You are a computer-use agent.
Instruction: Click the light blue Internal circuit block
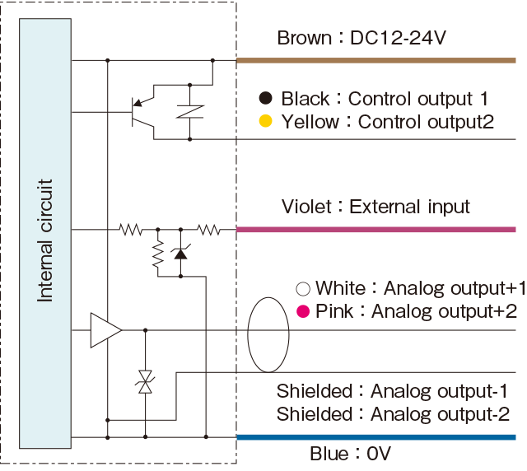(45, 233)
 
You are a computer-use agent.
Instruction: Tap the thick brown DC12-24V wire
(376, 60)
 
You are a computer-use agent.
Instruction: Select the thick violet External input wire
(376, 230)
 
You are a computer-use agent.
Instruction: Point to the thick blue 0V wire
(376, 437)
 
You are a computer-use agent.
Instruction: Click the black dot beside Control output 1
(265, 98)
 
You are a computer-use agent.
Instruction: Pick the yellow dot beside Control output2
(265, 121)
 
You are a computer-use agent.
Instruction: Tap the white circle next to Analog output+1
(303, 289)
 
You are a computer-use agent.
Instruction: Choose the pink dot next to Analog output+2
(303, 311)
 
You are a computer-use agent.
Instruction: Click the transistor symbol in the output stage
(142, 112)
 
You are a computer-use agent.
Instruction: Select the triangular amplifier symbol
(106, 330)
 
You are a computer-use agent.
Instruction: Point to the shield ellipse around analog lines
(268, 297)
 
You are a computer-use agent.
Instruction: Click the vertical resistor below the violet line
(158, 254)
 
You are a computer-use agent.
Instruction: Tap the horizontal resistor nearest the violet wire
(208, 230)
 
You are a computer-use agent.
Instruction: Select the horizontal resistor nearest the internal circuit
(131, 230)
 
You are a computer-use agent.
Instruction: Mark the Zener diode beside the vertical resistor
(181, 253)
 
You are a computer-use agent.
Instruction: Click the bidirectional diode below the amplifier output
(145, 382)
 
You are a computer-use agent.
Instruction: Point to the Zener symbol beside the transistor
(190, 112)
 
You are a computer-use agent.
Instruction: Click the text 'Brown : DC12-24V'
(361, 38)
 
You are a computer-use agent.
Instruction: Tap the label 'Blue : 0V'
(350, 454)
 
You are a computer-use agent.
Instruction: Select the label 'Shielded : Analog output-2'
(393, 414)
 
